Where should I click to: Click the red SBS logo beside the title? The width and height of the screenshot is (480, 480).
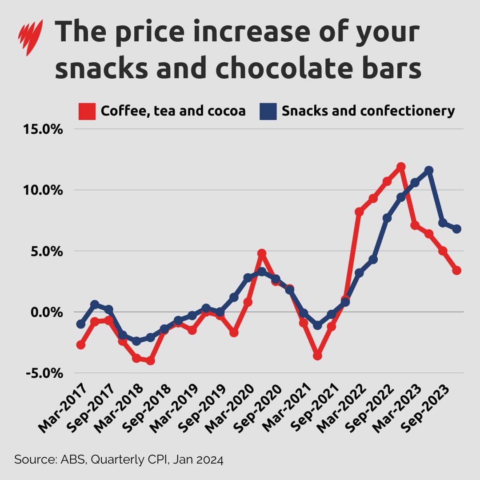pyautogui.click(x=30, y=37)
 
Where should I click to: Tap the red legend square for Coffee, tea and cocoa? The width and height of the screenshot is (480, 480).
pyautogui.click(x=87, y=111)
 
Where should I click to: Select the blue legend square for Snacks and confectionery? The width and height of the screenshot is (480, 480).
pyautogui.click(x=268, y=111)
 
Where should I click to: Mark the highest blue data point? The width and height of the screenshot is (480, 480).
pyautogui.click(x=429, y=170)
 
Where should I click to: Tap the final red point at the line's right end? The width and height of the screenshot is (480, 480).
pyautogui.click(x=456, y=270)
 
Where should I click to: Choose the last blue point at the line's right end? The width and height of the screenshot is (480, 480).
pyautogui.click(x=456, y=229)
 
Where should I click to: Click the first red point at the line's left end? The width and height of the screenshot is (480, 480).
pyautogui.click(x=81, y=345)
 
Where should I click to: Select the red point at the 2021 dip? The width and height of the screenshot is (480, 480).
pyautogui.click(x=317, y=356)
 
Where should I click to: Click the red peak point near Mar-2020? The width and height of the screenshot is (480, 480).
pyautogui.click(x=262, y=253)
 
